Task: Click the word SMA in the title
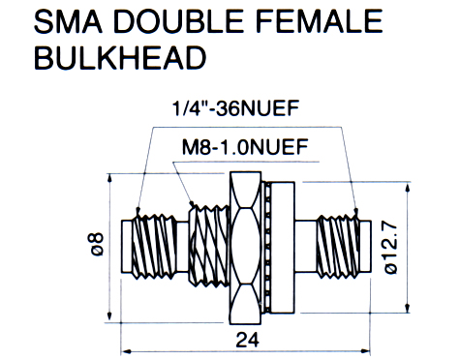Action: [x=68, y=21]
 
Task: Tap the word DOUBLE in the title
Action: [x=179, y=21]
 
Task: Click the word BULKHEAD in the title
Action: [x=120, y=57]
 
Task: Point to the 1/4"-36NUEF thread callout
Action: [x=235, y=107]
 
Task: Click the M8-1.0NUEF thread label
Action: [x=245, y=147]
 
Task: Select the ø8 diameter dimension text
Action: [x=97, y=244]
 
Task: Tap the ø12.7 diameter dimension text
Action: [x=390, y=248]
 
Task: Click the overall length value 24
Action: [x=247, y=340]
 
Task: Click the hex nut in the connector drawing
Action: [x=245, y=248]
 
